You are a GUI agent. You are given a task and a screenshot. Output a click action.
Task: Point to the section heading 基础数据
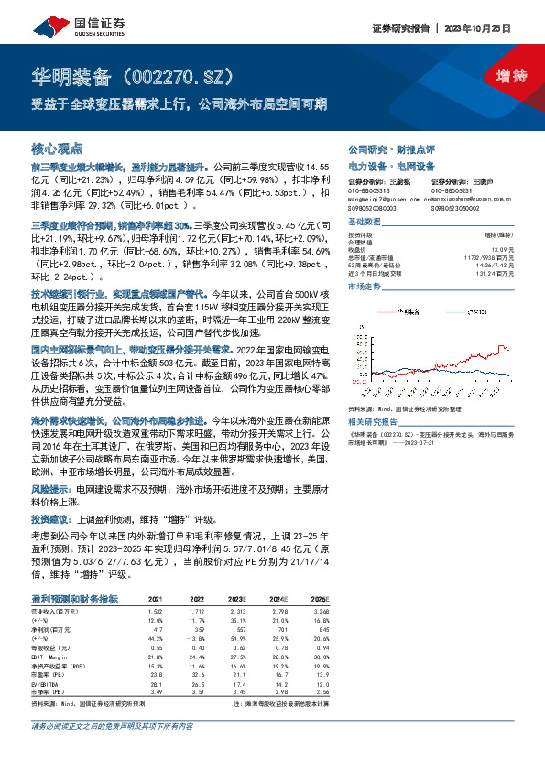click(364, 223)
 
